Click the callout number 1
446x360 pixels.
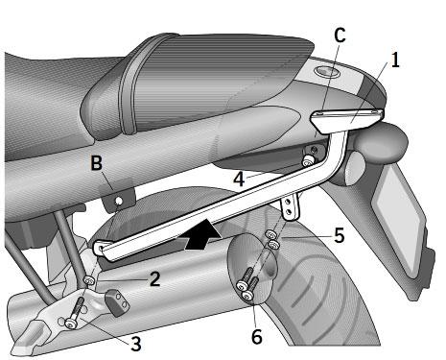point(395,60)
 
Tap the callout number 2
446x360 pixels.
point(154,279)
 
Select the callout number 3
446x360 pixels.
point(135,345)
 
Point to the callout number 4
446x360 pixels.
point(239,180)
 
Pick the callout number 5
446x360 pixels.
point(339,235)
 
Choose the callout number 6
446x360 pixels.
point(256,336)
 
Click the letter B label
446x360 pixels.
point(96,163)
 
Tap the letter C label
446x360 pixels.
point(340,36)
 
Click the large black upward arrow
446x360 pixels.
point(202,237)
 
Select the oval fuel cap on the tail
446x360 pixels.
point(326,72)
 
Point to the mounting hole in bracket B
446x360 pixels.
point(118,202)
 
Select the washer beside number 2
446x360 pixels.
point(89,280)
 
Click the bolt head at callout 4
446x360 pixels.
point(308,161)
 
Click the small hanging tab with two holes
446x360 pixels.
point(290,207)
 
